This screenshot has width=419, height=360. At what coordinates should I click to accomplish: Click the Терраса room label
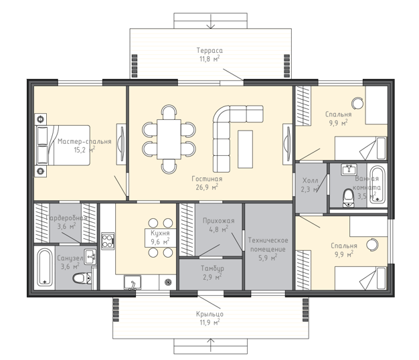pos(209,50)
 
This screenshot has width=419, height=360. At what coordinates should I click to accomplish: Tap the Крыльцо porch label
pos(209,314)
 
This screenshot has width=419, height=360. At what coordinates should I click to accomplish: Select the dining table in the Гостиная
pos(169,139)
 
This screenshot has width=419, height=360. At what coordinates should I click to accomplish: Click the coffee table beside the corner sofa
pos(245,149)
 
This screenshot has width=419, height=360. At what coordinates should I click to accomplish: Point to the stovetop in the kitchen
pos(108,241)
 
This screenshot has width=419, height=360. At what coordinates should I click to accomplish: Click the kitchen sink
pos(133,282)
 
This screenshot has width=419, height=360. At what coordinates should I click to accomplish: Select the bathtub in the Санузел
pos(45,267)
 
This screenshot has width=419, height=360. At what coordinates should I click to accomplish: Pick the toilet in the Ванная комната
pos(349,197)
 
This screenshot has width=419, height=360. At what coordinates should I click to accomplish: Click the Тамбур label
pos(212,268)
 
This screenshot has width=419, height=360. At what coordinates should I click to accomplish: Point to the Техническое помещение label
pos(268,245)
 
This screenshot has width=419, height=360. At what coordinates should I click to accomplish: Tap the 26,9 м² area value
pos(207,187)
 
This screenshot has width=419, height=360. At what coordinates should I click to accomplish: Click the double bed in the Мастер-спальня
pos(63,145)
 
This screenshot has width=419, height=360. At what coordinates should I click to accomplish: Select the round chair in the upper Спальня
pos(357,103)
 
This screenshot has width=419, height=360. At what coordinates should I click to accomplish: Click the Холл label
pos(310,181)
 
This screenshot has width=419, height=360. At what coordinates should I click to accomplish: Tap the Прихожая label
pos(219,221)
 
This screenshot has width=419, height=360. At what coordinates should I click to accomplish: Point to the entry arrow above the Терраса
pos(211,21)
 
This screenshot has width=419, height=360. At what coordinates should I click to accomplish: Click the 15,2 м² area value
pos(84,150)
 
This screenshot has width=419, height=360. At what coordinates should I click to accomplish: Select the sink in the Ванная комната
pos(349,169)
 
